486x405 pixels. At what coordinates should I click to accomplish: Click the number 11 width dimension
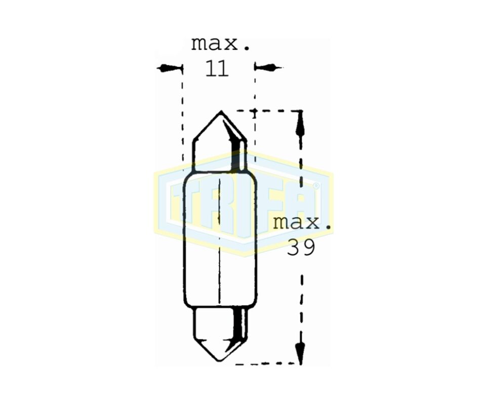[x=217, y=68]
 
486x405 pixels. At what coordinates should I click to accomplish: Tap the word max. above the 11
[x=220, y=44]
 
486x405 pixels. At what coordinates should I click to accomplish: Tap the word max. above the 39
[x=302, y=222]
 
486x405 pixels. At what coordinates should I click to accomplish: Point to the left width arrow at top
[x=169, y=68]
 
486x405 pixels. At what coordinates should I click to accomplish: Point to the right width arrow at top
[x=268, y=67]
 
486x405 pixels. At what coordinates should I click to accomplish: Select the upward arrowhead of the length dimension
[x=300, y=124]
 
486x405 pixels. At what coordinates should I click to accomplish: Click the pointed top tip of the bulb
[x=221, y=111]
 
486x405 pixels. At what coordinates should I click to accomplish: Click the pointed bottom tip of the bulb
[x=220, y=360]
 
